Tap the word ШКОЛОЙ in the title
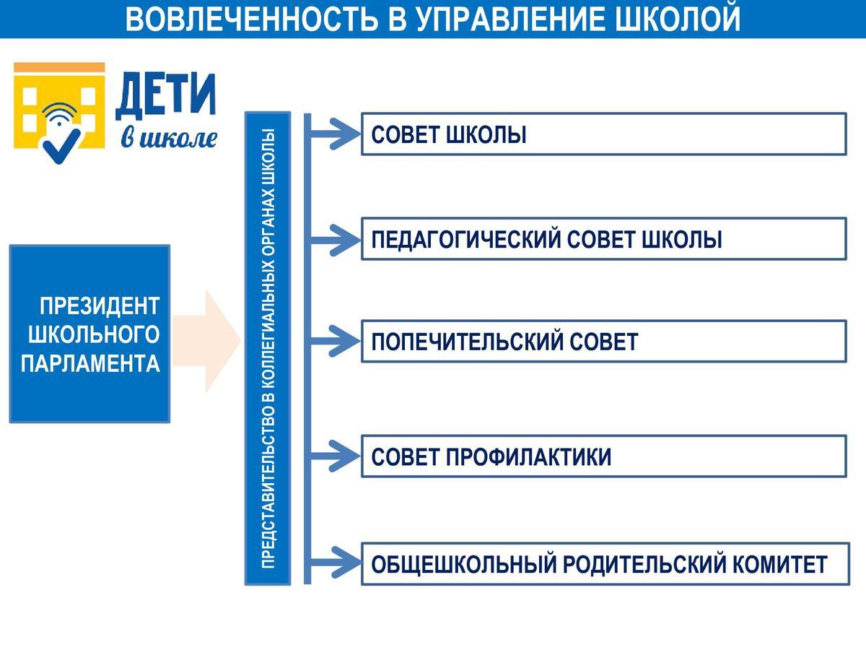tap(679, 19)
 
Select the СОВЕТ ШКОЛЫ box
tap(603, 134)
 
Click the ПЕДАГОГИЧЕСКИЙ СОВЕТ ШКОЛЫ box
tap(603, 239)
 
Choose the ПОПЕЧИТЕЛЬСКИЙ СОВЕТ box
tap(603, 341)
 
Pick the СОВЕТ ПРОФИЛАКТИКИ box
tap(603, 456)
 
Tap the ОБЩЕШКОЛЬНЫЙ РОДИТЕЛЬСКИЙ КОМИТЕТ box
tap(603, 564)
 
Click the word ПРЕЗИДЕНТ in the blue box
tap(99, 305)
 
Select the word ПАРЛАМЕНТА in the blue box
tap(90, 363)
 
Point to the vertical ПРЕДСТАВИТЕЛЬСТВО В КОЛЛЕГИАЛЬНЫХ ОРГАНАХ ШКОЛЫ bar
tap(268, 347)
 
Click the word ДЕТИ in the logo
tap(165, 95)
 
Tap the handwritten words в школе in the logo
tap(169, 136)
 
